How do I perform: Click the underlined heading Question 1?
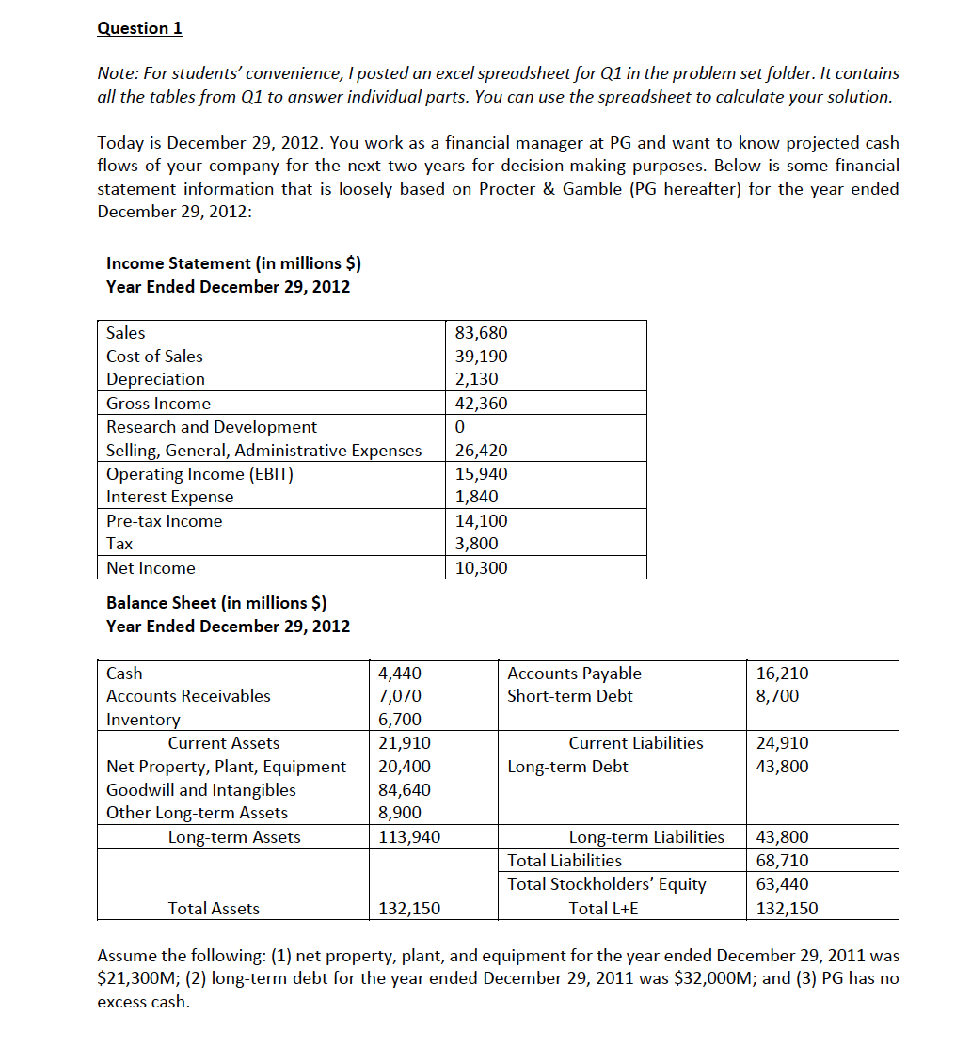click(x=139, y=28)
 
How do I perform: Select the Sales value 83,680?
click(x=481, y=333)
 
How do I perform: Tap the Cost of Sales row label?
click(x=154, y=357)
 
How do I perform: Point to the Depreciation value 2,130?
click(x=476, y=379)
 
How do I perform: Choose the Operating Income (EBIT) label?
click(x=199, y=474)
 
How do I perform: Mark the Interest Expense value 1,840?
click(x=476, y=497)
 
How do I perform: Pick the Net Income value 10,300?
click(x=481, y=568)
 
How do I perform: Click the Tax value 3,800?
click(x=476, y=544)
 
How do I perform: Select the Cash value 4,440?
click(x=399, y=674)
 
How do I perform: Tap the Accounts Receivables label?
click(x=188, y=696)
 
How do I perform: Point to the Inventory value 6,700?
click(x=399, y=720)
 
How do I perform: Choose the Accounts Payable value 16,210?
click(x=782, y=674)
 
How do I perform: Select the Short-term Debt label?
click(x=570, y=696)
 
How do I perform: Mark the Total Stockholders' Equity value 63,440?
click(x=782, y=884)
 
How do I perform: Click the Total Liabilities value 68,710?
click(x=782, y=861)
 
